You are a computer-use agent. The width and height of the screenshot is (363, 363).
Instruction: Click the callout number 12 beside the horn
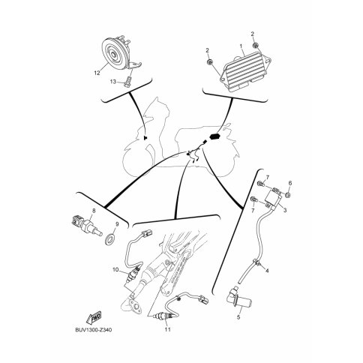point(97,73)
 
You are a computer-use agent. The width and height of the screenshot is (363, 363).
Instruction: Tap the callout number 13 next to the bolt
point(113,82)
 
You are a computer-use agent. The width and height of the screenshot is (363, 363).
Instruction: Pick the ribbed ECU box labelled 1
point(245,71)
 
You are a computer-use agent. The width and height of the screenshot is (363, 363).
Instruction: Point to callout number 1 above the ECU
point(241,46)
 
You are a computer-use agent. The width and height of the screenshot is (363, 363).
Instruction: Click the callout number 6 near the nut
point(290,183)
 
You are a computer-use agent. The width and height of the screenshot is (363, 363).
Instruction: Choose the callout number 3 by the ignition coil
point(285,210)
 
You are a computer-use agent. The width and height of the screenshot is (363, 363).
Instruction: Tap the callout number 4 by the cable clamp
point(267,271)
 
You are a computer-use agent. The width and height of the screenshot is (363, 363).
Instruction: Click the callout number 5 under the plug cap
point(238,317)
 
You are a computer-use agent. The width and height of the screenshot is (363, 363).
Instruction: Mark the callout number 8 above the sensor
point(94,211)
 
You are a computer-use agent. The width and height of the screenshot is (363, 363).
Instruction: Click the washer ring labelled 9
point(109,239)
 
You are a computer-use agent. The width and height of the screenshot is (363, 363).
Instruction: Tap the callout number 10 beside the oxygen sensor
point(115,270)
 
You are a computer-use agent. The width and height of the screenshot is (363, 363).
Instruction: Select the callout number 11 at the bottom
point(168,329)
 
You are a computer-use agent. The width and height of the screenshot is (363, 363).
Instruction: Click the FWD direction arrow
point(94,318)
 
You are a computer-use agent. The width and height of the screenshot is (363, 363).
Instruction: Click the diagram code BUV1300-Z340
point(94,330)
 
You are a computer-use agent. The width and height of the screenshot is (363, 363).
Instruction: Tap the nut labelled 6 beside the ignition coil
point(288,195)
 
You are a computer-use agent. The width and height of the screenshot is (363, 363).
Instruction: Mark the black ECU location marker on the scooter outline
point(215,136)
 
